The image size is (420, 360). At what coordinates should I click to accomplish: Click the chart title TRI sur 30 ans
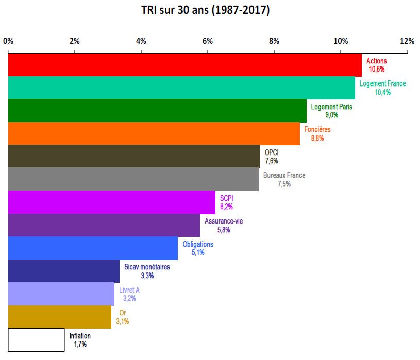pos(205,10)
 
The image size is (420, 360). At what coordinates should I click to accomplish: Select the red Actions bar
pos(184,64)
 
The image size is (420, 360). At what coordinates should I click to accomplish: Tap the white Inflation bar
pos(36,340)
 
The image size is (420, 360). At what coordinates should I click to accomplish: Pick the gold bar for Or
pos(59,317)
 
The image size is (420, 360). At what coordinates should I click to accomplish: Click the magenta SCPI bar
pos(111,202)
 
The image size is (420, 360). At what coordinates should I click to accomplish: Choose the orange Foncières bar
pos(154,133)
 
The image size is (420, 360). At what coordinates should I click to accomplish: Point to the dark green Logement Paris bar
pos(157,110)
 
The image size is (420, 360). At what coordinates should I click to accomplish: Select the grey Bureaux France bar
pos(133,179)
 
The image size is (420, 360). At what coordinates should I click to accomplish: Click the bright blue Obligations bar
pos(93,248)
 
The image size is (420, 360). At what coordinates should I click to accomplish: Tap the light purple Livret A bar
pos(61,294)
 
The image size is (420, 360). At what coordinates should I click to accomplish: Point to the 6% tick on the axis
pos(208,41)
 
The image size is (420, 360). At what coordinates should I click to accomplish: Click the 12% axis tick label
pos(407,41)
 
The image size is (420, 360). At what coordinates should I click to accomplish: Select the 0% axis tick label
pos(8,41)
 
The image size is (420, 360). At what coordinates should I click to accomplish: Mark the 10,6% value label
pos(376,68)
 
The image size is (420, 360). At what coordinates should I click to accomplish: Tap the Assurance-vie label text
pos(223,221)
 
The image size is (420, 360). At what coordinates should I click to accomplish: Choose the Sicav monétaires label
pos(147,267)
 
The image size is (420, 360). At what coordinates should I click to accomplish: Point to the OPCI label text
pos(272,152)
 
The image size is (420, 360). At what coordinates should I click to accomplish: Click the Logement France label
pos(382,84)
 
